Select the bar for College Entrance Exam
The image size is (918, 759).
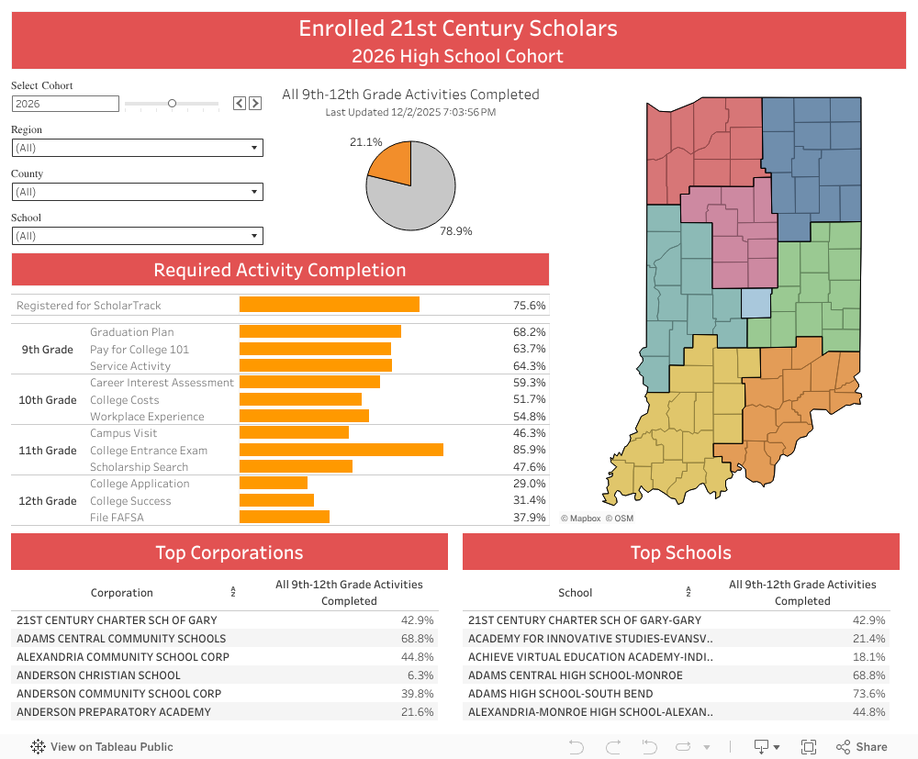pyautogui.click(x=341, y=450)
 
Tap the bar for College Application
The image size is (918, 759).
pyautogui.click(x=274, y=484)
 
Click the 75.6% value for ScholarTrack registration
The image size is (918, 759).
pyautogui.click(x=530, y=305)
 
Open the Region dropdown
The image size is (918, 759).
pyautogui.click(x=138, y=148)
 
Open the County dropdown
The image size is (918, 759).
pyautogui.click(x=138, y=192)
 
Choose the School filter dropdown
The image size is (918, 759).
pyautogui.click(x=138, y=236)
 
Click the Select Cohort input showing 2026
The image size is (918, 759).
pyautogui.click(x=65, y=104)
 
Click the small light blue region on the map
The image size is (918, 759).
pyautogui.click(x=756, y=303)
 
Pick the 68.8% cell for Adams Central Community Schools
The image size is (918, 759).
pyautogui.click(x=417, y=639)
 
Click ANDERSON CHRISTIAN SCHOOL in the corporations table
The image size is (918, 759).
pyautogui.click(x=98, y=675)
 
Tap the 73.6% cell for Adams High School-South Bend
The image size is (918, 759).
pyautogui.click(x=868, y=694)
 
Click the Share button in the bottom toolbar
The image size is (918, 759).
pyautogui.click(x=862, y=747)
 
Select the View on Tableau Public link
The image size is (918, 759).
pyautogui.click(x=102, y=747)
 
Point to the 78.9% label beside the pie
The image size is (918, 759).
pyautogui.click(x=455, y=231)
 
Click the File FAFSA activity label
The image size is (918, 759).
pyautogui.click(x=117, y=518)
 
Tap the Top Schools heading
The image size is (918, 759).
pyautogui.click(x=680, y=553)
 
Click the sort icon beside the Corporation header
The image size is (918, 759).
pyautogui.click(x=233, y=593)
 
